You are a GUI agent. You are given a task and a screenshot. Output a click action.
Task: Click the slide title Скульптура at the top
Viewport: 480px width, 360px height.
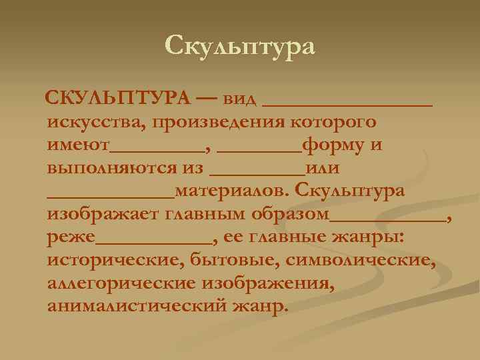[x=239, y=45]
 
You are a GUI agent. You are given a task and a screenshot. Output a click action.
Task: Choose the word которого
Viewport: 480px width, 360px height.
[x=333, y=123]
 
